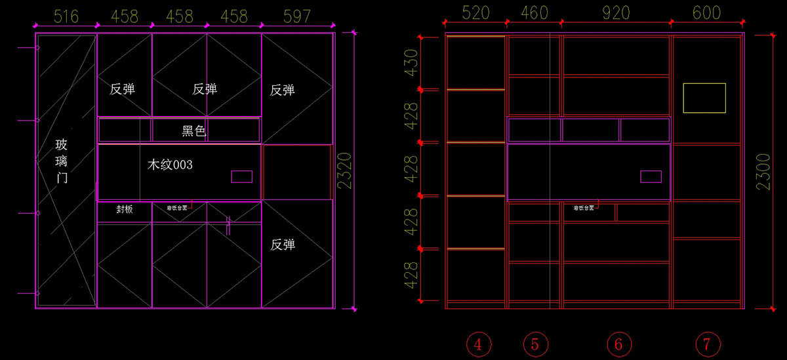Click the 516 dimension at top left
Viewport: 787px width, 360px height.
[66, 16]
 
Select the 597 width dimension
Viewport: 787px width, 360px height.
[296, 16]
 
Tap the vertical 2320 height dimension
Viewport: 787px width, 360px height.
[346, 170]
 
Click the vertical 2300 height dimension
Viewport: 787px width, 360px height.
[763, 172]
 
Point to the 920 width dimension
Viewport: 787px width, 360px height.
[615, 13]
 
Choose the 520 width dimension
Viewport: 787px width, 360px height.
[476, 13]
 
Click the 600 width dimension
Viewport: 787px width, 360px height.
[706, 13]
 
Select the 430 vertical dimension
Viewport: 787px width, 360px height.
[411, 63]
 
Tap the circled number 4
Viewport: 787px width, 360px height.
[479, 344]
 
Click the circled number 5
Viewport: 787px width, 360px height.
[535, 344]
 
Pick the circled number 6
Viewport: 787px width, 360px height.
[618, 344]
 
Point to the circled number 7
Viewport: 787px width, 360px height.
[707, 344]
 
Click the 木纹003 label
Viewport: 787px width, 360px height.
[170, 165]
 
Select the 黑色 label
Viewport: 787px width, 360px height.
[193, 131]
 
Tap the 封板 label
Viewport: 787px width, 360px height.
[125, 209]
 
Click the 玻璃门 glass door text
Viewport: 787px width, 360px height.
[62, 161]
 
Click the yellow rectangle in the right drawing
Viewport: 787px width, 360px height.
[704, 98]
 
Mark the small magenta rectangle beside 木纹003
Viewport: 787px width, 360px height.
[241, 176]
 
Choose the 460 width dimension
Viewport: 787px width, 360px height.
[534, 13]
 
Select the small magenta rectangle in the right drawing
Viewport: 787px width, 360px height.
[651, 176]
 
